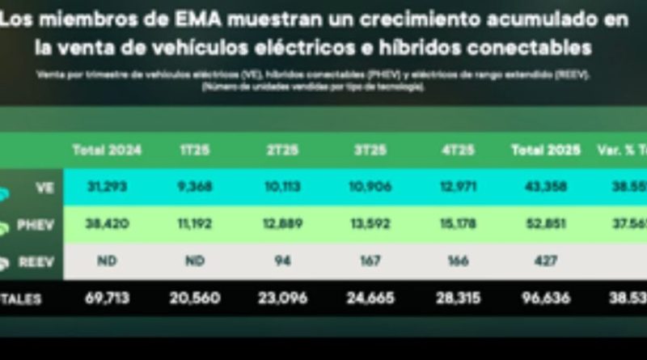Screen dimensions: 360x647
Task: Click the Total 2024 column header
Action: click(107, 150)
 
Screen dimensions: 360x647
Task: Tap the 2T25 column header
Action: click(282, 150)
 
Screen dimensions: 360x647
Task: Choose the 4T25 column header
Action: click(459, 150)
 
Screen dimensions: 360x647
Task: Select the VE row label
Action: click(44, 187)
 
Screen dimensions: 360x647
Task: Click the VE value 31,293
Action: click(107, 187)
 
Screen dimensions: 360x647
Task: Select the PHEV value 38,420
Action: click(107, 225)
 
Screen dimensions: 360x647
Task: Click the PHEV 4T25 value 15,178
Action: click(459, 225)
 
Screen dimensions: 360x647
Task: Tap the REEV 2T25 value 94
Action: click(282, 262)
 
